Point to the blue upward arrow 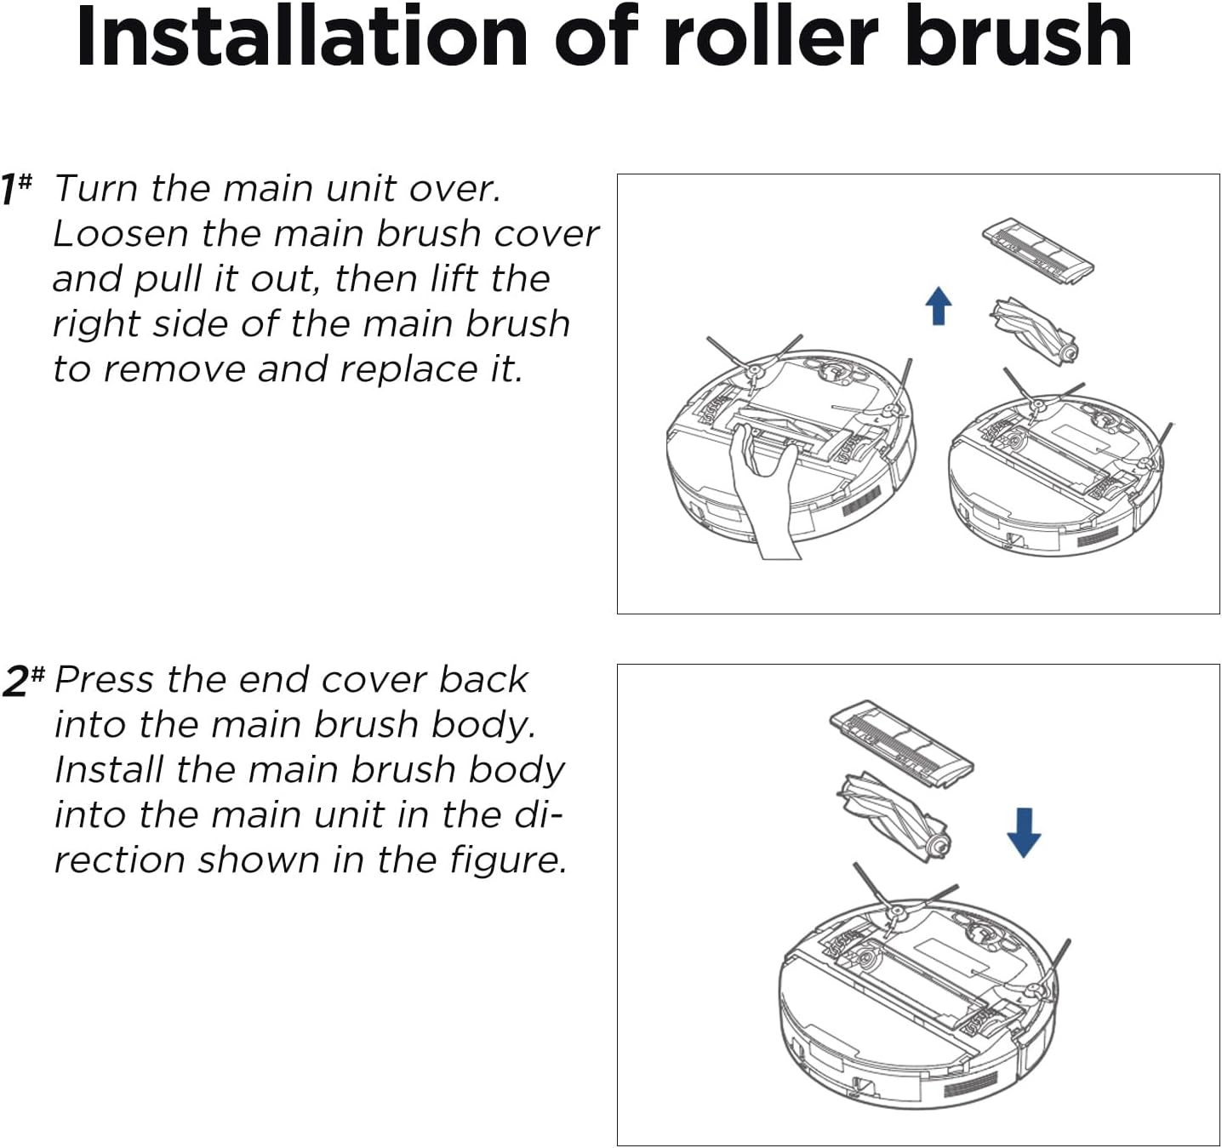[x=939, y=306]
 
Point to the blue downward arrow [x=1023, y=831]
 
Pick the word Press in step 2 [x=104, y=680]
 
